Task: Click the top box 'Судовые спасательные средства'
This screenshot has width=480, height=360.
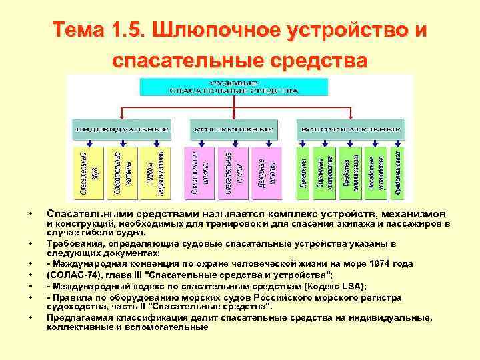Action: click(231, 87)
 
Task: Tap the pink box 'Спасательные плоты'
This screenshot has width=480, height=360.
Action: click(231, 173)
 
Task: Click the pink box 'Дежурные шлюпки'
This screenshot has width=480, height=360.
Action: click(263, 173)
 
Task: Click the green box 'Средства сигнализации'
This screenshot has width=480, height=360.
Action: click(351, 173)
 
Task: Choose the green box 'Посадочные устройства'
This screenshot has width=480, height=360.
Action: click(375, 173)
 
